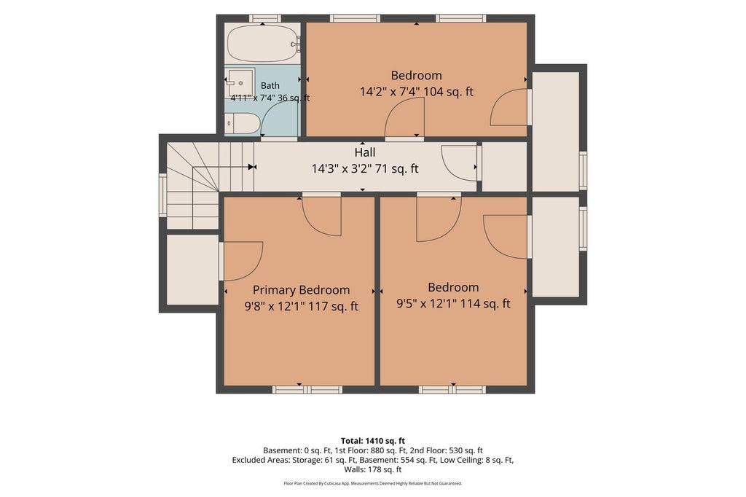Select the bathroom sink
click(x=240, y=83)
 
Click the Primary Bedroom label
click(x=301, y=290)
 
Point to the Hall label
click(x=365, y=152)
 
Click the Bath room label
click(x=270, y=86)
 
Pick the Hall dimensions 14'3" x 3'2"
click(x=342, y=168)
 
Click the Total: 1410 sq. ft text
click(x=373, y=441)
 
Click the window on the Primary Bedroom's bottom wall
click(x=307, y=390)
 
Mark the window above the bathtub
click(x=265, y=18)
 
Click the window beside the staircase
click(x=162, y=195)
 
